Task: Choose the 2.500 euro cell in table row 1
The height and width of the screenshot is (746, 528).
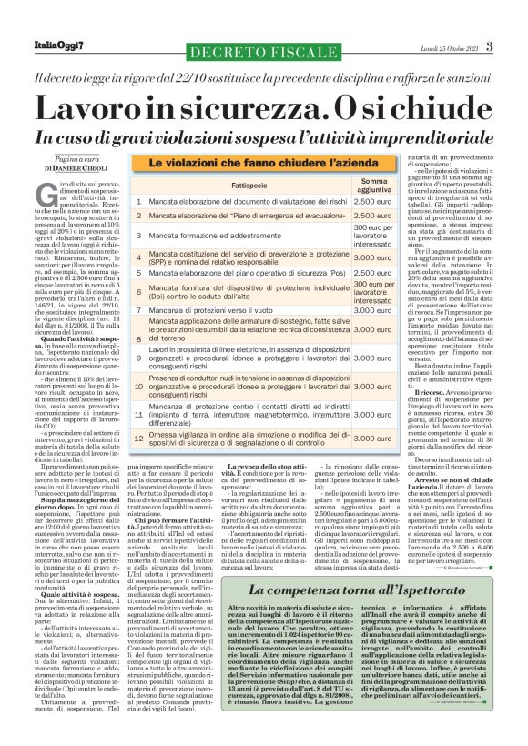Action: click(371, 201)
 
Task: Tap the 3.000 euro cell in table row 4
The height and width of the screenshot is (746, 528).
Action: click(371, 257)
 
